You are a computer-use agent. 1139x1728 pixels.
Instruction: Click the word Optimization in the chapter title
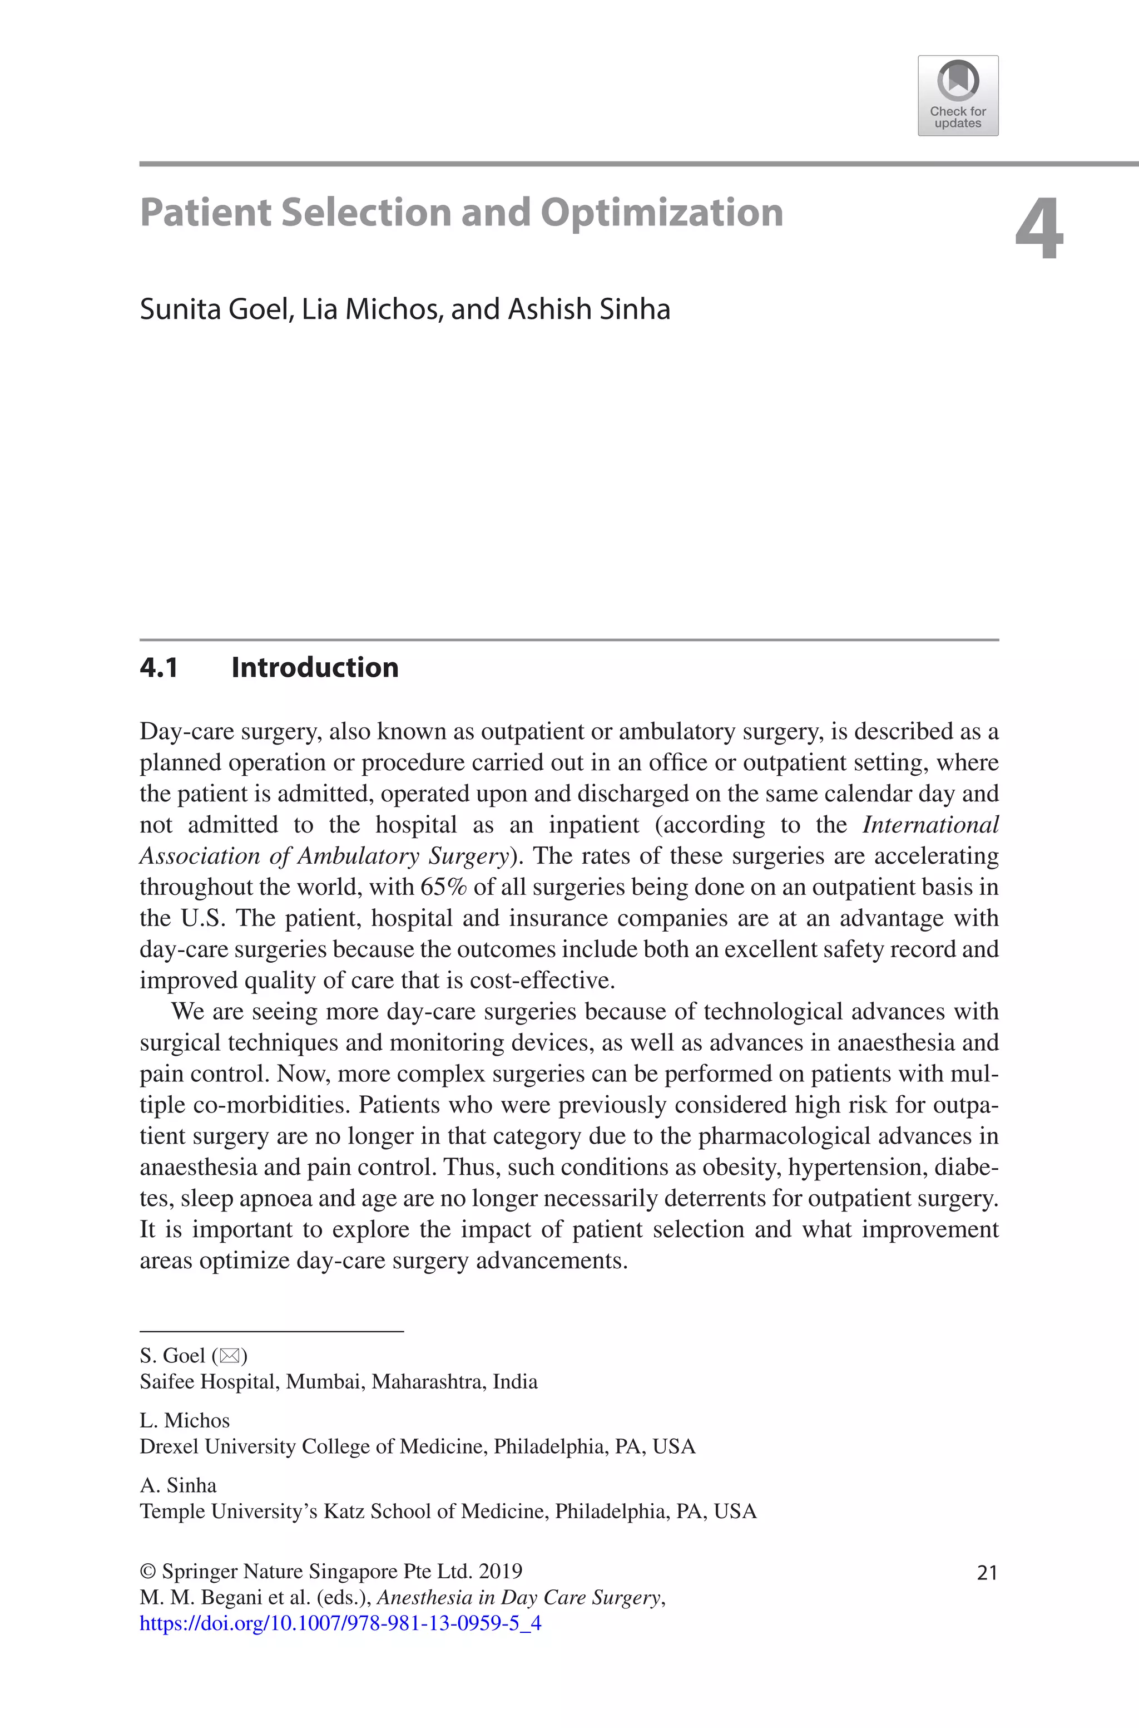661,213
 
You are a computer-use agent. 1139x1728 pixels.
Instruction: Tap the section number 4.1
159,668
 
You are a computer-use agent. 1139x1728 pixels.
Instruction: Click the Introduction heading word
315,668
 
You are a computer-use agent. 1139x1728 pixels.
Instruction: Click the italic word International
930,825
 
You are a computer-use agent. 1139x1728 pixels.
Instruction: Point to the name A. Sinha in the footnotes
178,1485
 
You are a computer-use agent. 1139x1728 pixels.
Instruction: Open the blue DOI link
340,1623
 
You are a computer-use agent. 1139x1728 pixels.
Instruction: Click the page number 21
987,1573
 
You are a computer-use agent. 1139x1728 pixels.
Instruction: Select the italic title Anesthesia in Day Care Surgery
519,1598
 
